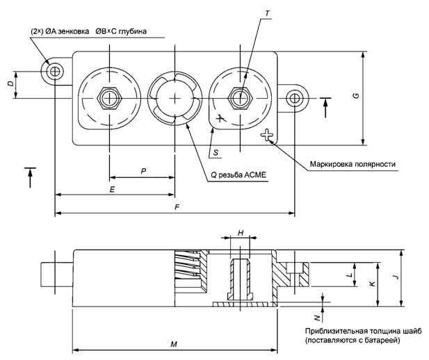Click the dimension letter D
[x=10, y=84]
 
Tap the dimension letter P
[x=142, y=169]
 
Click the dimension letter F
[x=177, y=207]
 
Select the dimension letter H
[x=241, y=234]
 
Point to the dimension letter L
[x=348, y=275]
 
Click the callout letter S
[x=216, y=150]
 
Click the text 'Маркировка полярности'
[x=353, y=164]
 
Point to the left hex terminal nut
[x=108, y=98]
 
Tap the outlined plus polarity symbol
[x=266, y=136]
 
